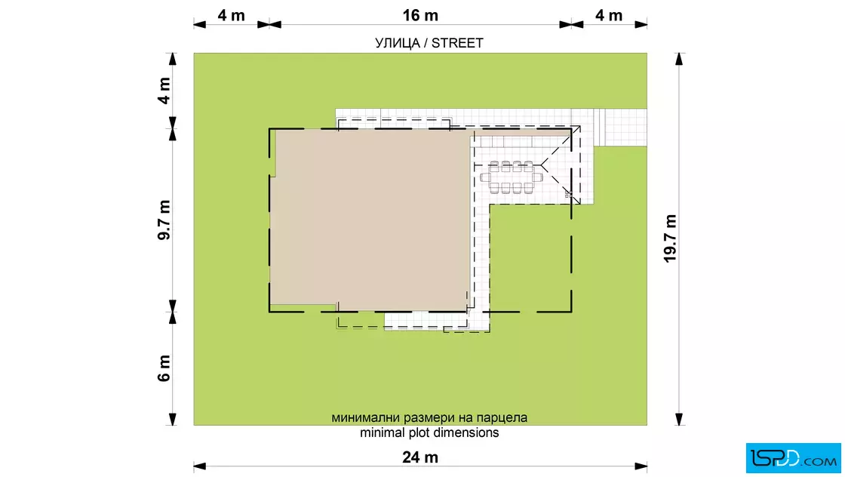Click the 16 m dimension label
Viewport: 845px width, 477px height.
[420, 15]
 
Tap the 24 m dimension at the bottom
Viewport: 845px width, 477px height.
[420, 457]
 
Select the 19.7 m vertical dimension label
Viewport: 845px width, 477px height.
[670, 238]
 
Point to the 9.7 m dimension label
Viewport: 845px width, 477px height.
[164, 220]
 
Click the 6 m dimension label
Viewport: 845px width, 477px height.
[164, 368]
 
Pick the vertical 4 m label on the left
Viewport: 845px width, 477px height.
[164, 91]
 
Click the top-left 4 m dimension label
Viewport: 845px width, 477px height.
[231, 15]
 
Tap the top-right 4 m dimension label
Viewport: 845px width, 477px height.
[609, 15]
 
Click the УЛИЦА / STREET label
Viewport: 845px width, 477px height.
[429, 43]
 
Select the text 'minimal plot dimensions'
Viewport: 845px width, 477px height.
[429, 432]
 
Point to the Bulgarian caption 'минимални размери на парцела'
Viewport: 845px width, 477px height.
[429, 417]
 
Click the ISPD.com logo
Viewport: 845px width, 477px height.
[793, 458]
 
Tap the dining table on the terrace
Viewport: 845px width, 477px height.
[512, 177]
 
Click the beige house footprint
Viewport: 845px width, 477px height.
[371, 220]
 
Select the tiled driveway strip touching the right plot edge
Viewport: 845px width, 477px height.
[619, 128]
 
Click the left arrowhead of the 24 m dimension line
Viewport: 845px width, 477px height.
[199, 466]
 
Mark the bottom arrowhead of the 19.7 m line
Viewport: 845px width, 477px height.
[679, 420]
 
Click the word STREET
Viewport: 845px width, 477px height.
[457, 43]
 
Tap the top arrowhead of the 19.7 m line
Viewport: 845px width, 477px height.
[679, 59]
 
